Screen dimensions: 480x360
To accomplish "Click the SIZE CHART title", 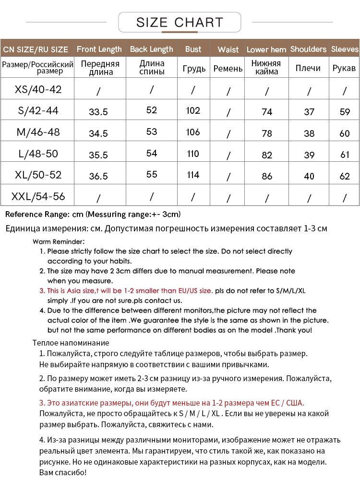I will tap(180, 22).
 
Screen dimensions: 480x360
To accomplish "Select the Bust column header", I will tap(193, 49).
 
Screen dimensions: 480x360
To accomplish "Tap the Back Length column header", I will tap(151, 49).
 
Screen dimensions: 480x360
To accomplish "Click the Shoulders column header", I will tap(308, 49).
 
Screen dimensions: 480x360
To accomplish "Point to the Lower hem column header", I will tap(266, 49).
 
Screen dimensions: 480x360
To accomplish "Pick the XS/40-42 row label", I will tap(38, 90).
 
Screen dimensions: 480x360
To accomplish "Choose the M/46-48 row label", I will tap(38, 132).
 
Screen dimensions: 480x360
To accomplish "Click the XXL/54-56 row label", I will tap(38, 196).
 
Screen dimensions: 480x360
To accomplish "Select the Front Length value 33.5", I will tap(98, 112).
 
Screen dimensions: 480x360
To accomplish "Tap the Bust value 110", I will tap(193, 154).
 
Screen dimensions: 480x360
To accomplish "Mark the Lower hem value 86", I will tap(267, 176).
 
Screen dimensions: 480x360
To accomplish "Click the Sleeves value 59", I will tap(345, 112).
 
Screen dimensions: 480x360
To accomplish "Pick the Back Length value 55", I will tap(152, 174).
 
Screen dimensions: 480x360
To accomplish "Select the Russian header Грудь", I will tap(194, 69).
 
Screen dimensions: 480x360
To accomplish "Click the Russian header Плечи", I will tap(308, 68).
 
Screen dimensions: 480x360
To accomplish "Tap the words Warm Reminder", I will tap(59, 241).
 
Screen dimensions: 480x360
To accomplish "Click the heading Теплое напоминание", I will tap(71, 343).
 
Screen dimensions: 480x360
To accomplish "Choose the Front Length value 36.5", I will tap(98, 176).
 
